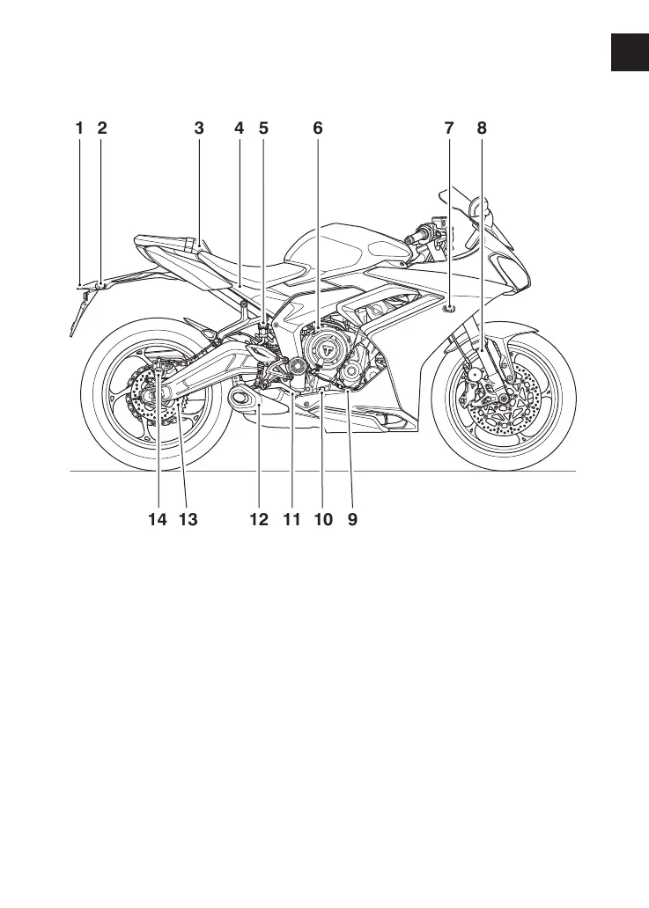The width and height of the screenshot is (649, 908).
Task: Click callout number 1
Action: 79,128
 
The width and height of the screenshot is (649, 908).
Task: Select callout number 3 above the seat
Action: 199,128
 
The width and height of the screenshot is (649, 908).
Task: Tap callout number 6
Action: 318,128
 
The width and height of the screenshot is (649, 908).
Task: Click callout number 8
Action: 482,128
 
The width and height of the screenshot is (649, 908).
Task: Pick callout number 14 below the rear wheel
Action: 157,520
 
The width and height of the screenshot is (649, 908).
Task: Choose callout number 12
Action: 258,520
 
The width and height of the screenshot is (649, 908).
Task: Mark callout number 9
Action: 352,520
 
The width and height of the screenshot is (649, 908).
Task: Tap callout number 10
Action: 323,520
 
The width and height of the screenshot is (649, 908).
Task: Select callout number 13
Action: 188,520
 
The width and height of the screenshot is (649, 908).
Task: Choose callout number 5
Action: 263,128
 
